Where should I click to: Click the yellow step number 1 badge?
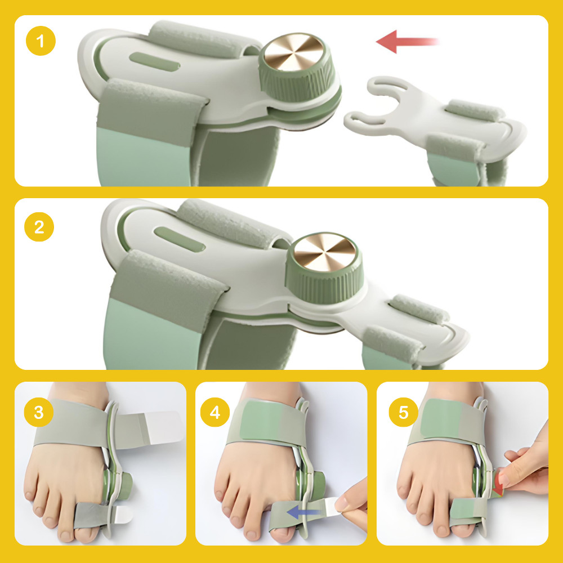point(41,41)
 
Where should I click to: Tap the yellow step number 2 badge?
point(39,227)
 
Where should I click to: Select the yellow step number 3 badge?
point(39,412)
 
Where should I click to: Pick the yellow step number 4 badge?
point(215,412)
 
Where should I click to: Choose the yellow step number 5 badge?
point(404,412)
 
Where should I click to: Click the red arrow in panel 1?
point(407,42)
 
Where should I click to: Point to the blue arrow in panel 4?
point(305,512)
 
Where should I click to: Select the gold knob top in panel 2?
point(325,252)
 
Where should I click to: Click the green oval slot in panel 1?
point(154,62)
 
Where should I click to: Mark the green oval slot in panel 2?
point(180,239)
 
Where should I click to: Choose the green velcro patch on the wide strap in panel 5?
point(441,418)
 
